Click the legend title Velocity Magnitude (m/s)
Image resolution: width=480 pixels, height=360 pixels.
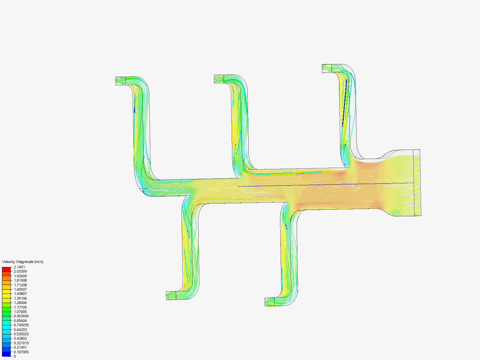pos(23,262)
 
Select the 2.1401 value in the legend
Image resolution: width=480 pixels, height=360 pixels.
pos(19,267)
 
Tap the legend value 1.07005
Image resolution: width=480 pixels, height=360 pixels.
pos(20,312)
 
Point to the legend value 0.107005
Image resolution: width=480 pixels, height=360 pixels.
pos(21,352)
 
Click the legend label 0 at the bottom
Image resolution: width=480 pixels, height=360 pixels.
pos(15,356)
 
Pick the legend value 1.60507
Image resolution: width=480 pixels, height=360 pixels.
pos(20,289)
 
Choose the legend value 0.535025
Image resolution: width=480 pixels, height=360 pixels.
pos(21,334)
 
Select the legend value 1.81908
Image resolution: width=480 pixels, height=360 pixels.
pos(20,280)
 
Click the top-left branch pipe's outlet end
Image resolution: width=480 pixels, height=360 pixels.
pos(120,81)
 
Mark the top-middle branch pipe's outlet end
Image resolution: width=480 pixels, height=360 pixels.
pos(219,79)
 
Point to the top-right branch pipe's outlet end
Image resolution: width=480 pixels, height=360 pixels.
pos(326,68)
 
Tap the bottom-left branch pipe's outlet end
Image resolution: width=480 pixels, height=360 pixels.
pos(171,296)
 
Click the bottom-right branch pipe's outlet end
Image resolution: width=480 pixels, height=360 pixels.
pos(269,302)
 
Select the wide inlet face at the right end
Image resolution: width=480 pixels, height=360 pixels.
pos(417,183)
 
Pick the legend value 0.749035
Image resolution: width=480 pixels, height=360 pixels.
pos(21,325)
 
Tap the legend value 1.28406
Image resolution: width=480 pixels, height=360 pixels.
pos(20,303)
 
